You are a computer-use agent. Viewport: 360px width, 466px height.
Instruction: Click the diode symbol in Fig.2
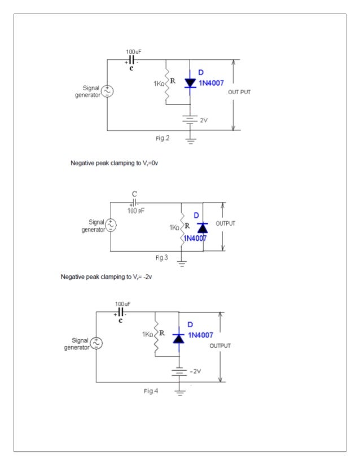point(190,83)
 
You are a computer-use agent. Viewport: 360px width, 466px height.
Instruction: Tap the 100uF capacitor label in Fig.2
point(133,51)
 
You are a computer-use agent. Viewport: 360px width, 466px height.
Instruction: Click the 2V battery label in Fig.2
point(205,120)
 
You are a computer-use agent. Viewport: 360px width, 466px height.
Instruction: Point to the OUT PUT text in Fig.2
point(239,91)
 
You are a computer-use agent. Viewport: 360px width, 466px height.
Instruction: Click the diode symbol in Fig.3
point(202,227)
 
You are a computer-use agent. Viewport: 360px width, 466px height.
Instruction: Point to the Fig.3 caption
point(161,257)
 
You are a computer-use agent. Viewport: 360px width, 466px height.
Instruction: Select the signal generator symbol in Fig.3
point(111,225)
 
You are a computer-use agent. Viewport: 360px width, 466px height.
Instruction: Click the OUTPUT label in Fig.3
point(225,223)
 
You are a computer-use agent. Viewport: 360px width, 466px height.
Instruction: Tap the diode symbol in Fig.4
point(179,338)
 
